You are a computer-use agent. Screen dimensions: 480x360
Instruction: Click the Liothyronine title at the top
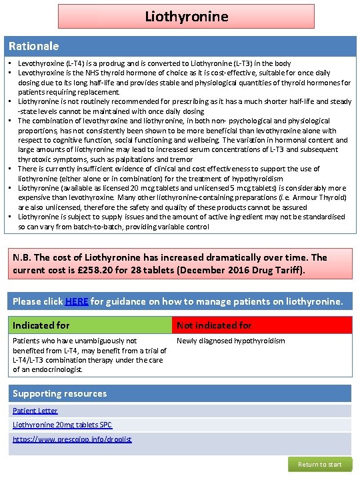click(x=187, y=15)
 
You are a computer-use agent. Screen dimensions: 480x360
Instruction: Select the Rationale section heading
click(x=33, y=47)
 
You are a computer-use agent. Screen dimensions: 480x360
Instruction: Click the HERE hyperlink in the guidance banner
click(x=77, y=301)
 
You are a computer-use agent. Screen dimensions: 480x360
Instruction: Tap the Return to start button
click(x=319, y=464)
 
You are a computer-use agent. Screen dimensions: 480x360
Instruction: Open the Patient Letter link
click(x=35, y=411)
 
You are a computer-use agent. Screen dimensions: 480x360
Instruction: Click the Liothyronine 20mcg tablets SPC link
click(x=63, y=425)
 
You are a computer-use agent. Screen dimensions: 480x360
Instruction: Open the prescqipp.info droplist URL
click(x=72, y=439)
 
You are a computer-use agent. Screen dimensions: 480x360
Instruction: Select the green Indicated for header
click(x=41, y=325)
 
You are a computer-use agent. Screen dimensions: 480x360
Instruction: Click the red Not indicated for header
click(x=214, y=325)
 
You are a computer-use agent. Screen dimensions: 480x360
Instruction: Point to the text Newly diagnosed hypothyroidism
click(x=230, y=341)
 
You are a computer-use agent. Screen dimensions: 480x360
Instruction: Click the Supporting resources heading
click(x=59, y=393)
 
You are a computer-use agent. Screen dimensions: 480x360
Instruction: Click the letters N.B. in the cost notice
click(x=25, y=257)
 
